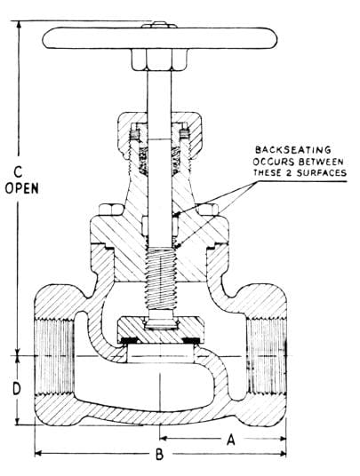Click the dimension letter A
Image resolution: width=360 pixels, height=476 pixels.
(231, 440)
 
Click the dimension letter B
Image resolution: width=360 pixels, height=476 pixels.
(159, 455)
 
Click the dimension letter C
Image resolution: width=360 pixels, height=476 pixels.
(19, 172)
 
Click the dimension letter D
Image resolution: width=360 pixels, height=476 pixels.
(17, 389)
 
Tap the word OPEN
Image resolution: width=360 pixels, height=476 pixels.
(22, 188)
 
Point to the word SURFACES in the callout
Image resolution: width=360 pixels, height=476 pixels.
(322, 173)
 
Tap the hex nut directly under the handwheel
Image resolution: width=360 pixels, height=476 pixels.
(159, 59)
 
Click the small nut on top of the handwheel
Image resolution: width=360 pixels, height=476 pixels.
(159, 25)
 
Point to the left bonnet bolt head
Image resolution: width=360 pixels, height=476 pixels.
(111, 210)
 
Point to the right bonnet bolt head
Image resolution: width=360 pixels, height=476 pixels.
(208, 210)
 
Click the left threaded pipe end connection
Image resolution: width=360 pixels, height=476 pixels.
(55, 356)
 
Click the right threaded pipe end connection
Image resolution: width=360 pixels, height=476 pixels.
(267, 356)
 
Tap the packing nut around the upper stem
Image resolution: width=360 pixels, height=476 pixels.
(160, 136)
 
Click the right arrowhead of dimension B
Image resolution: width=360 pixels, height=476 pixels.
(284, 454)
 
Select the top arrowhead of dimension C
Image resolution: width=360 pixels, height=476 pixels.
(20, 24)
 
